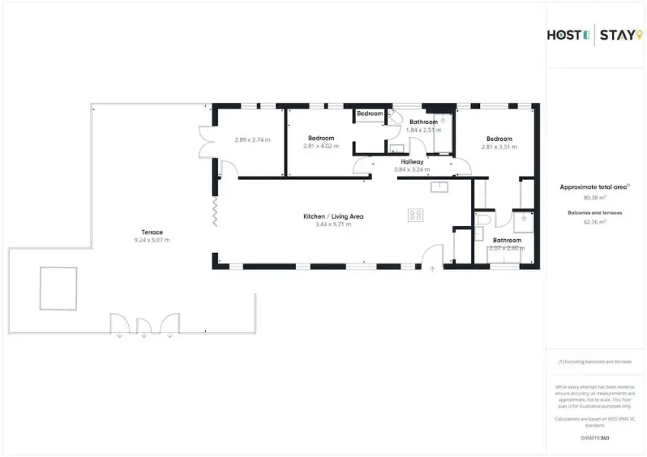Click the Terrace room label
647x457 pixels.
coord(152,232)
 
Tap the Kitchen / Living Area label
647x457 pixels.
coord(333,216)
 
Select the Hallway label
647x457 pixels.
coord(412,161)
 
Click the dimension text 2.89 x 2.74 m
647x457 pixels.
coord(251,139)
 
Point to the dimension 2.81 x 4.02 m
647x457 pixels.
coord(321,146)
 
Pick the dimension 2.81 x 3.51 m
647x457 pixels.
coord(499,146)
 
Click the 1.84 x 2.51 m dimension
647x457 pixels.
coord(424,129)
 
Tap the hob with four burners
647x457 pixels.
coord(415,215)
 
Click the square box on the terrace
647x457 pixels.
coord(59,288)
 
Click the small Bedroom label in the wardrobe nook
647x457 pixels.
coord(370,113)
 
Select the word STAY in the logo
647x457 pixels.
coord(616,34)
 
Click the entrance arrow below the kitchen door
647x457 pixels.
coord(432,269)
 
